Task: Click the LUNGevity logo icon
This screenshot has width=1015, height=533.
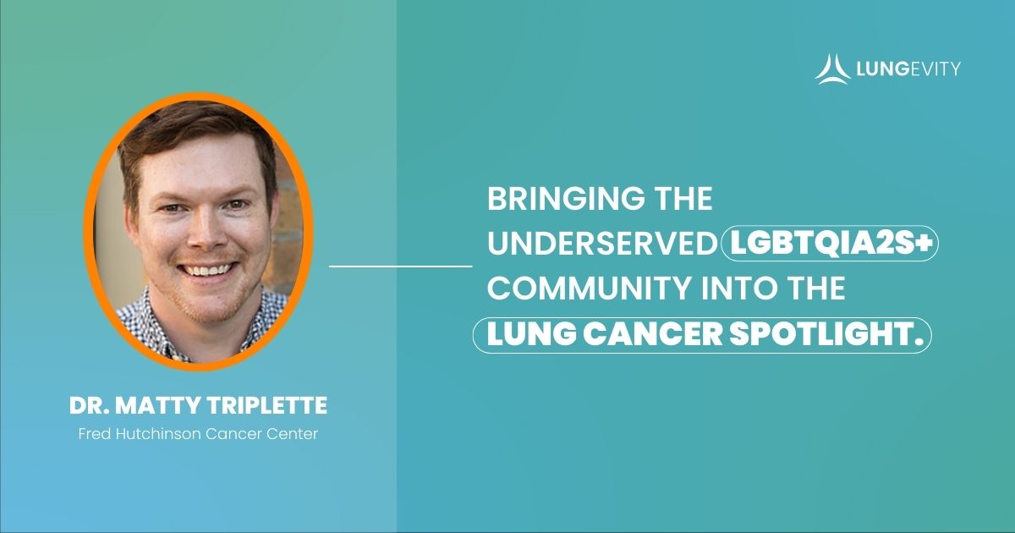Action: coord(832,68)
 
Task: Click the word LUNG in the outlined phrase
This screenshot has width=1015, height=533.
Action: coord(526,334)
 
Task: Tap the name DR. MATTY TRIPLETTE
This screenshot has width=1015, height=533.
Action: coord(198,406)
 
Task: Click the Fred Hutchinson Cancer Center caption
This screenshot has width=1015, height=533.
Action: coord(198,436)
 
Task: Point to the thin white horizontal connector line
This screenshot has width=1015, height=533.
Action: coord(400,266)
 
